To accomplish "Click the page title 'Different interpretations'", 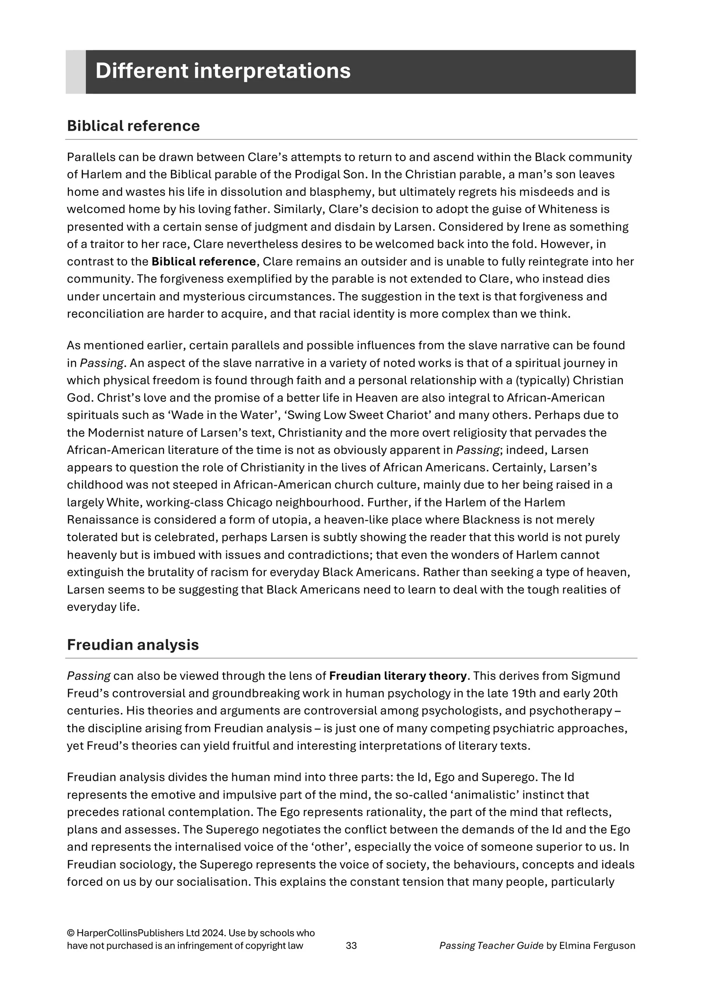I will [x=223, y=71].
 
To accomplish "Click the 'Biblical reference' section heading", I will [x=133, y=126].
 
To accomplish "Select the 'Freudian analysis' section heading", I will [x=133, y=645].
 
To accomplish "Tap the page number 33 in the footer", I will [x=351, y=946].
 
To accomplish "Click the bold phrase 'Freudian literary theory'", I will [x=398, y=676].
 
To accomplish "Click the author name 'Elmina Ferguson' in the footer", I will [x=597, y=946].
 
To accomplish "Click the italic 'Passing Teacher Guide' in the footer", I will [x=491, y=946].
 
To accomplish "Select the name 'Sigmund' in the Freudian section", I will [x=603, y=676].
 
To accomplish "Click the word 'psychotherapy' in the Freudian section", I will [x=569, y=711].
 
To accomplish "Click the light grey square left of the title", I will [x=75, y=72].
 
